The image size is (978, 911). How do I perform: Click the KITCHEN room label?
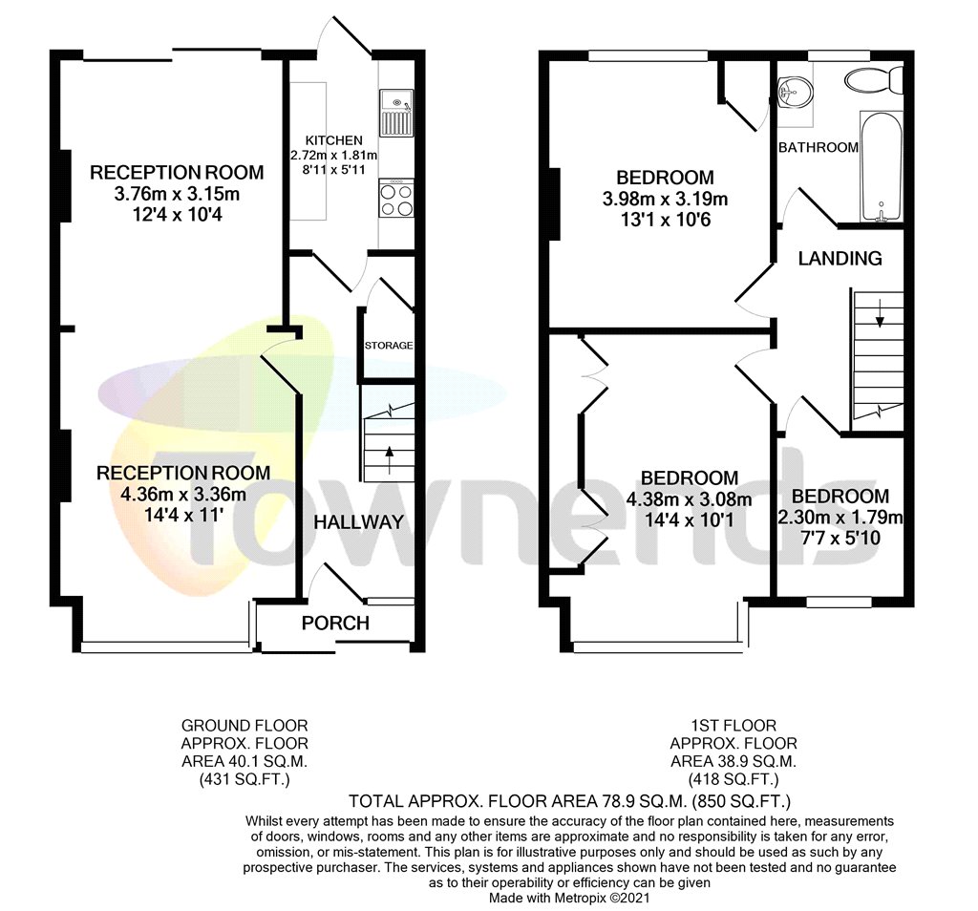333,140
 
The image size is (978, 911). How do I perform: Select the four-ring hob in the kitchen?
396,200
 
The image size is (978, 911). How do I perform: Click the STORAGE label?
389,345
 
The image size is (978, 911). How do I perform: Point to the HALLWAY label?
359,521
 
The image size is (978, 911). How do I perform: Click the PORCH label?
335,624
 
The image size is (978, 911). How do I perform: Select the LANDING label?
840,258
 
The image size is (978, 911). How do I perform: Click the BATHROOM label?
819,147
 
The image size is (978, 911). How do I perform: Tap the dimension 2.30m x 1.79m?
840,518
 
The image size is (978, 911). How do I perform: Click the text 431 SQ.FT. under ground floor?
245,779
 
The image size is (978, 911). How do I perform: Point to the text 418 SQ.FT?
733,779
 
